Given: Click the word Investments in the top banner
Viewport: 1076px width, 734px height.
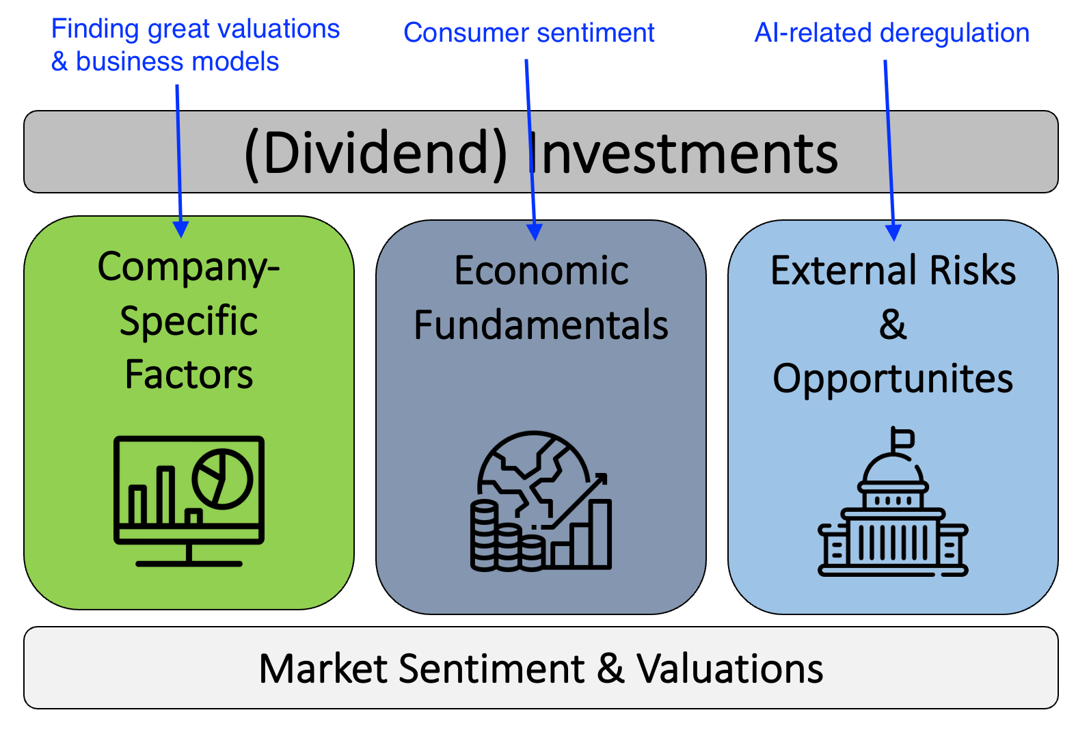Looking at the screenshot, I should [x=684, y=153].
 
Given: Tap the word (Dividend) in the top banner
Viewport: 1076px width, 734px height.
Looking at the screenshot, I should [x=375, y=153].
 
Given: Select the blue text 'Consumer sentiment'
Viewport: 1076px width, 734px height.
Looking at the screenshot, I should [x=528, y=33].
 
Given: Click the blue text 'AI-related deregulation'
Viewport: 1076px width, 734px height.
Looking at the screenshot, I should [x=891, y=33].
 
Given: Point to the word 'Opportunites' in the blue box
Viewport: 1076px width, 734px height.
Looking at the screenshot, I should [x=892, y=379].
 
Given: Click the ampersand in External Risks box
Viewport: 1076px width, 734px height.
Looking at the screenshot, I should [x=892, y=325].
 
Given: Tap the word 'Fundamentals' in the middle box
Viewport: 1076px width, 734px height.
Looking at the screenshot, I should [x=541, y=325].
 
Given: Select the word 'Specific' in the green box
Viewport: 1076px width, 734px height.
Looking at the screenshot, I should [x=189, y=321].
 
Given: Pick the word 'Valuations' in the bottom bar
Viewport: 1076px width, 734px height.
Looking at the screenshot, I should [x=729, y=668].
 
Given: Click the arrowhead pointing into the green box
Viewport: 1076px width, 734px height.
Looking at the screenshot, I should [x=180, y=229].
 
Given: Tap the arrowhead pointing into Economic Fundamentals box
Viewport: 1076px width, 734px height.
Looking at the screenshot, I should [x=535, y=232].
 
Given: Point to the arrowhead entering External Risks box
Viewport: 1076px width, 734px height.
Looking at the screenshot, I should [x=893, y=232].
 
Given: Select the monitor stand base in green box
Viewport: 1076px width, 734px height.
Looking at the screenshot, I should [x=189, y=563].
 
